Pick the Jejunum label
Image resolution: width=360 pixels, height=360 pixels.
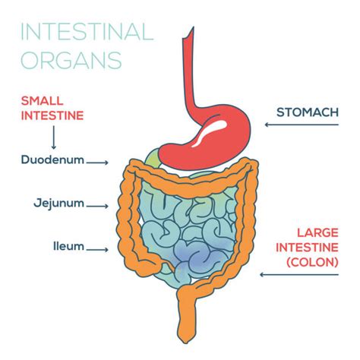58,204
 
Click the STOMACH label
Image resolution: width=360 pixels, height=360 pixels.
308,112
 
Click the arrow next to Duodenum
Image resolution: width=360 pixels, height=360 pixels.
99,162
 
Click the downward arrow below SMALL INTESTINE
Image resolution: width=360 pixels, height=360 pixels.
53,137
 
